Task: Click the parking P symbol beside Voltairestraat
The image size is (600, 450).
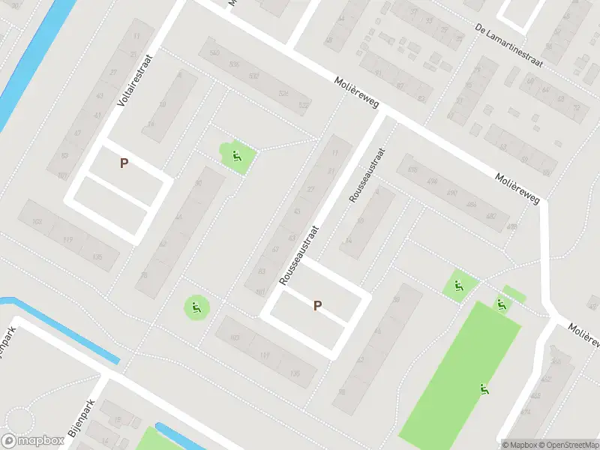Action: point(124,163)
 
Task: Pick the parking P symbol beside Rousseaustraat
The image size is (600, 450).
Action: point(318,305)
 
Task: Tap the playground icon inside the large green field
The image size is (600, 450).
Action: point(484,388)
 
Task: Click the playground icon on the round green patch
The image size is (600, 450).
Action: point(196,306)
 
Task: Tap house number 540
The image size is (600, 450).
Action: point(215,52)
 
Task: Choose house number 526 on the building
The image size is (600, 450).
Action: point(283,93)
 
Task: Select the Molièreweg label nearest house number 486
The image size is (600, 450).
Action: point(517,187)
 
